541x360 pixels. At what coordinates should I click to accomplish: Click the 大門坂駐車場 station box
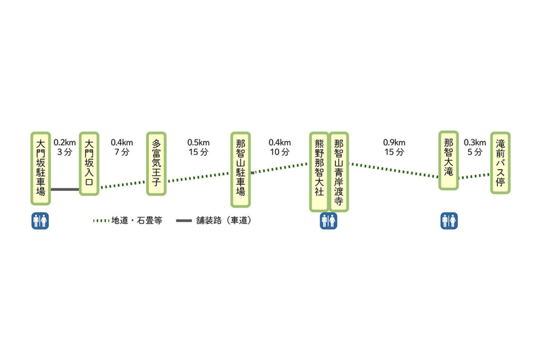(41, 168)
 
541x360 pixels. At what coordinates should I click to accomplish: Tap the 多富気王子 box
(156, 163)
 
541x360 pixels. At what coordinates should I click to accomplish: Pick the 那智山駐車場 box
(241, 169)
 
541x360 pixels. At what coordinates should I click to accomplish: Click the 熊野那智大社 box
(319, 171)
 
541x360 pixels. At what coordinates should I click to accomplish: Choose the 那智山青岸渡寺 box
(339, 171)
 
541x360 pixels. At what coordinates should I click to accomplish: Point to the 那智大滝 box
(448, 160)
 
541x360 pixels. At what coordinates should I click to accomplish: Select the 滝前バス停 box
(500, 163)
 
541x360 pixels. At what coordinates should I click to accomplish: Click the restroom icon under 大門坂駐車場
(41, 221)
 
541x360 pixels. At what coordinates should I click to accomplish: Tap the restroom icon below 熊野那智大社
(328, 221)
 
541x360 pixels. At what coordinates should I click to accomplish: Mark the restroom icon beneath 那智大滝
(449, 221)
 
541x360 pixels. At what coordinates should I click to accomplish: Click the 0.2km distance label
(65, 143)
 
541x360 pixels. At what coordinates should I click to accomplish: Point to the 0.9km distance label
(394, 143)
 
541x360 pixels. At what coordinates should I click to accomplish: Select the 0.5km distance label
(199, 143)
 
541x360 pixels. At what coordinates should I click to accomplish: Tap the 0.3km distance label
(474, 143)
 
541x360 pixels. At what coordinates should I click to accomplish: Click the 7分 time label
(122, 152)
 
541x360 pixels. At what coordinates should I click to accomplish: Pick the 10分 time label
(280, 152)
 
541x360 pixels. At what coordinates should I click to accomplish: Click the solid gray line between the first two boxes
(65, 189)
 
